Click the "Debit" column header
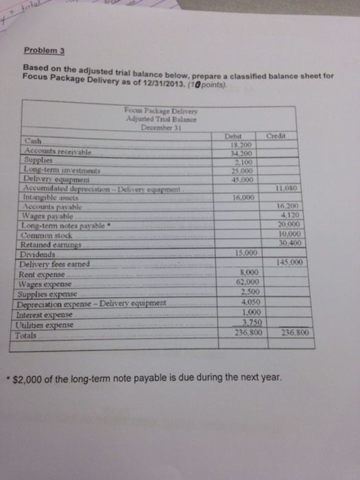pyautogui.click(x=233, y=136)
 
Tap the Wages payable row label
pyautogui.click(x=53, y=215)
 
